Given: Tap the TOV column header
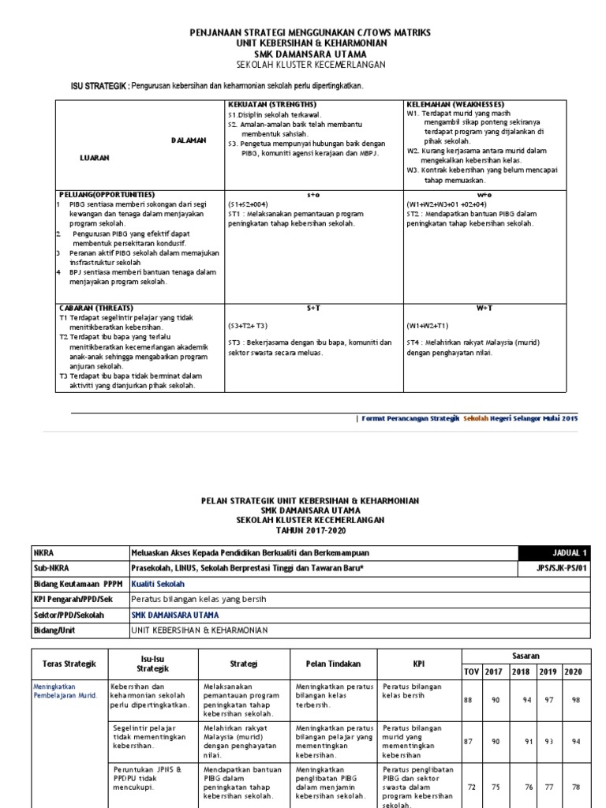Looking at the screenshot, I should tap(473, 671).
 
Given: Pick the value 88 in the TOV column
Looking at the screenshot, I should tap(469, 700).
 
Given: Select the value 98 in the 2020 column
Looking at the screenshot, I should tap(576, 700).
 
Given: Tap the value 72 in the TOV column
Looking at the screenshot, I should tap(473, 787).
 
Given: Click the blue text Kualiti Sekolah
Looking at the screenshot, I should tap(158, 584).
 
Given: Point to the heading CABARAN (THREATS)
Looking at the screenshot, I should tap(96, 308).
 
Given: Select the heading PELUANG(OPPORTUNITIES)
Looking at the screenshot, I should tap(107, 194).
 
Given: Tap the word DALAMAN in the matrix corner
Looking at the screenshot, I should tap(189, 140).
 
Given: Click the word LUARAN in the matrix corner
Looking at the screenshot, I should tap(95, 158).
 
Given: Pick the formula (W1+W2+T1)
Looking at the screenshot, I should tap(428, 325).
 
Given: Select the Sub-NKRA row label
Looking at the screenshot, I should tap(50, 568).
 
